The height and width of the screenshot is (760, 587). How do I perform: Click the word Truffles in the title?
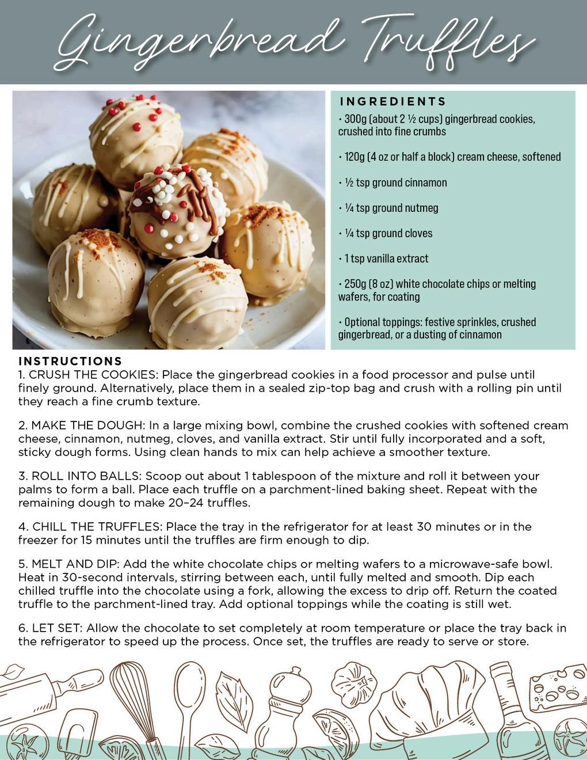[446, 39]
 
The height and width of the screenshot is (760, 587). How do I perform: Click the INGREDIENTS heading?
[393, 102]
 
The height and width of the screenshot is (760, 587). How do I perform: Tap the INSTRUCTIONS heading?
[70, 361]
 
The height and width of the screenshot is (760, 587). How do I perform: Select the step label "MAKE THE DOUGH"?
[87, 425]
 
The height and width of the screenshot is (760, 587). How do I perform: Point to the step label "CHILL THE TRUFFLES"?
[96, 527]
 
